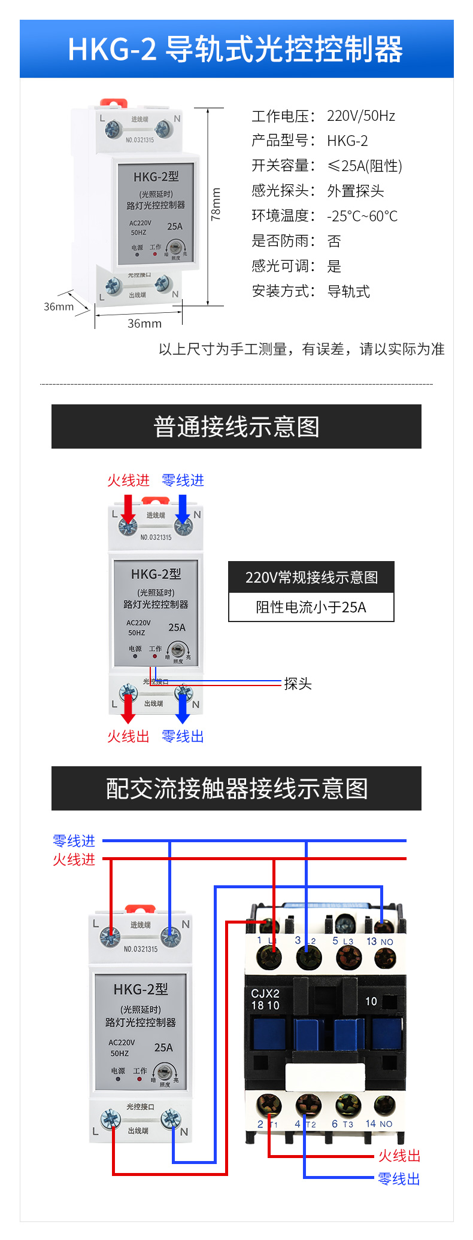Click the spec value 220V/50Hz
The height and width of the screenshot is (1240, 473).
point(360,116)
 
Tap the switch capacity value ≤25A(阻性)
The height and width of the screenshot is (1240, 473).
point(365,166)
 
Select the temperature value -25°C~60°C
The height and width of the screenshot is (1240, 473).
point(362,216)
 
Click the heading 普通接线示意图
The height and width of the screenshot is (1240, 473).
point(236,426)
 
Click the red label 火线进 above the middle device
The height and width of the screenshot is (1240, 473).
point(128,480)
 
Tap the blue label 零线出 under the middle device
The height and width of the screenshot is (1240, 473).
point(183,736)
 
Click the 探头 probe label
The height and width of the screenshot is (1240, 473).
point(298,684)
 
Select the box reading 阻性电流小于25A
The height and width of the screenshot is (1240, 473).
point(311,607)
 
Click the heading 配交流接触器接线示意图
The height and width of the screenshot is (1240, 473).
point(236,788)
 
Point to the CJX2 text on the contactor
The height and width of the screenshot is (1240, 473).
point(265,994)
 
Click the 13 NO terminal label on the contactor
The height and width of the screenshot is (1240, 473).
point(380,942)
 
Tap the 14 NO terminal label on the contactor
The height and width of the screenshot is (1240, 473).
point(379,1124)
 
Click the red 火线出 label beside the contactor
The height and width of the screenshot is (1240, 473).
point(399,1156)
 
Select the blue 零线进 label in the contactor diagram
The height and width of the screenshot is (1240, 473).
point(74,841)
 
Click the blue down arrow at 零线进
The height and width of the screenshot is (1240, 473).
point(183,509)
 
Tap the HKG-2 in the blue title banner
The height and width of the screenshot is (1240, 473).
point(112,50)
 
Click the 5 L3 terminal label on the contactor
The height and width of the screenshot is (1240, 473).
point(342,942)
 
